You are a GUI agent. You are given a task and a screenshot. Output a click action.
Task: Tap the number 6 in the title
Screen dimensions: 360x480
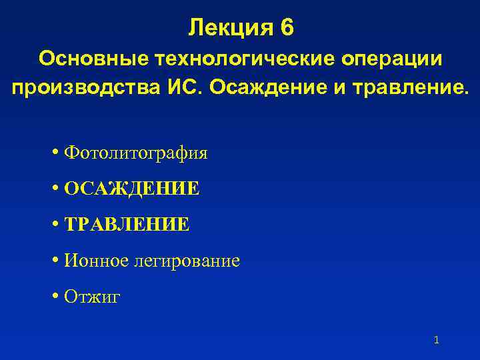tap(287, 28)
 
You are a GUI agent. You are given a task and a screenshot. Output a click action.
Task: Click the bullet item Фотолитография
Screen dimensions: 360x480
tap(136, 153)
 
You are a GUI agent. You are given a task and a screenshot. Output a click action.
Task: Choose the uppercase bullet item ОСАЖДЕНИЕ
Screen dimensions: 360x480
tap(131, 189)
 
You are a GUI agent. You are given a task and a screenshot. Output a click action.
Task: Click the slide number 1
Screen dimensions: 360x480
tap(436, 340)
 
